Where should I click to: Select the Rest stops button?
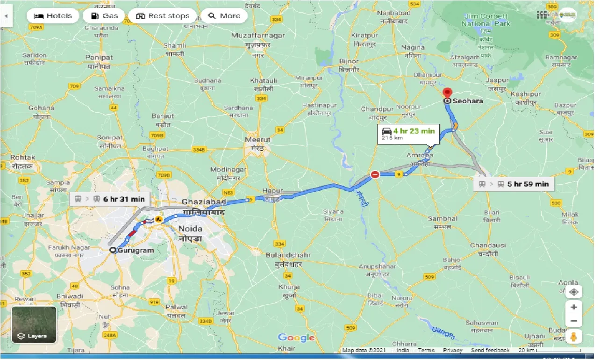(x=163, y=16)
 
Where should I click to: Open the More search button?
(x=224, y=16)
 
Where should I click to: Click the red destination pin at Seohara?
(x=448, y=93)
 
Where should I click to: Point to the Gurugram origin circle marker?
(x=113, y=250)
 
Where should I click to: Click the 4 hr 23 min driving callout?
(x=407, y=134)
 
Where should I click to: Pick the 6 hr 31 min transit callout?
(x=110, y=200)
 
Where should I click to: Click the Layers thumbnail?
(x=34, y=324)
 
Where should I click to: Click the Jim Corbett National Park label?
(x=486, y=20)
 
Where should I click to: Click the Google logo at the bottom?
(x=296, y=338)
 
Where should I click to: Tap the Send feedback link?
(x=490, y=350)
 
